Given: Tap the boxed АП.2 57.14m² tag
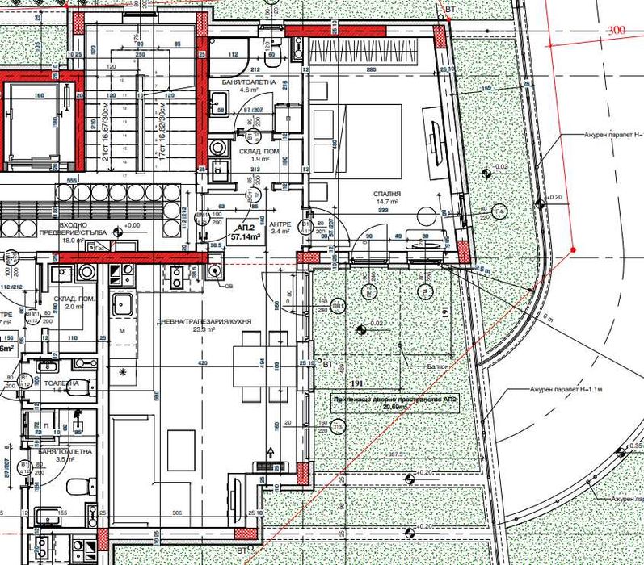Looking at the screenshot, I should (x=244, y=234).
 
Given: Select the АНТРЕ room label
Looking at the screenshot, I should (x=280, y=228).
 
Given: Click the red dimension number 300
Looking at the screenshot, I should (x=617, y=30).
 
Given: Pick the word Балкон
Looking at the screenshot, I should (x=439, y=365).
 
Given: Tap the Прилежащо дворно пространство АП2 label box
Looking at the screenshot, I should (x=394, y=404).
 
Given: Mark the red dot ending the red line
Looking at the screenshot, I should (x=573, y=249).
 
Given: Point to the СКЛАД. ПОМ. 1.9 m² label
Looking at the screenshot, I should (x=258, y=156).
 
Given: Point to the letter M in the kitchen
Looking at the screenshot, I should (x=122, y=332).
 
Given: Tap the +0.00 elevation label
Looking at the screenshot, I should (x=128, y=225).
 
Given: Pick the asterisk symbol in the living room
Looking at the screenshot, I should (x=123, y=370).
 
